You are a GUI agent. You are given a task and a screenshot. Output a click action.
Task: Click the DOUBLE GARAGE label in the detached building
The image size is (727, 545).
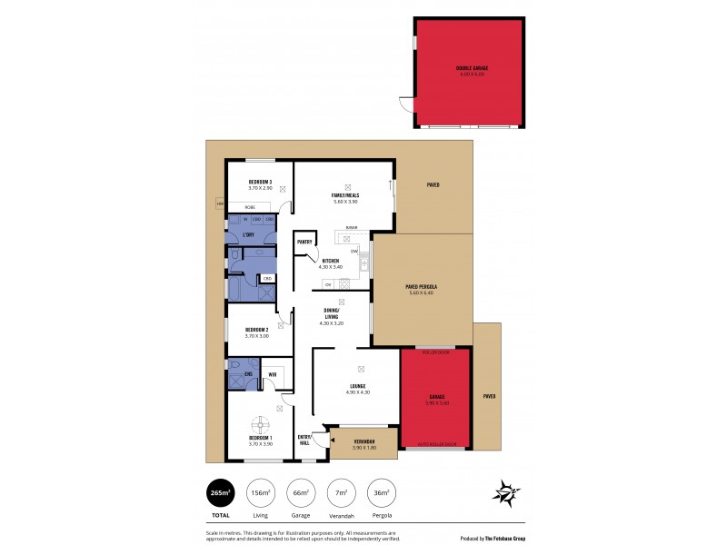(x=471, y=69)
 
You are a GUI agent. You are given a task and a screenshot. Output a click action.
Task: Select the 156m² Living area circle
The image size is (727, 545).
(x=261, y=494)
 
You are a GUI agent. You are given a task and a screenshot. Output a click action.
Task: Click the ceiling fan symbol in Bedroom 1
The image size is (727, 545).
(x=260, y=422)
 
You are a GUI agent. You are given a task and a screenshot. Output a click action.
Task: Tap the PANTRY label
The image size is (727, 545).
(x=304, y=242)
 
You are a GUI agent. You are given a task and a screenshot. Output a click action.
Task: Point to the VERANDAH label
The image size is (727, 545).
(x=363, y=441)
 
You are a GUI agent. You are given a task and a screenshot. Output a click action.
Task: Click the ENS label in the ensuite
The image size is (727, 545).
(x=248, y=374)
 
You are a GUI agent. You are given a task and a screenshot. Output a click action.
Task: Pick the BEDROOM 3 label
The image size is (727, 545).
(x=260, y=183)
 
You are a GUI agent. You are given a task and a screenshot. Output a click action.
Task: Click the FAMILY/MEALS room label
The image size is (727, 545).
(x=345, y=194)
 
